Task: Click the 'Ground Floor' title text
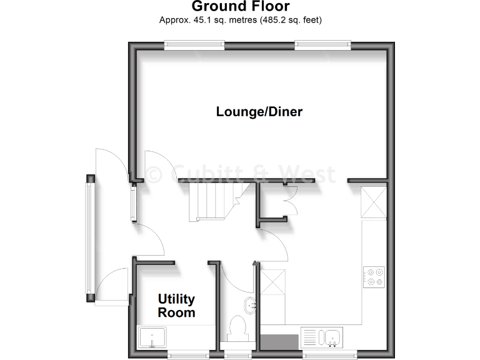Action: tap(240, 7)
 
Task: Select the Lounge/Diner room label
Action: tap(259, 112)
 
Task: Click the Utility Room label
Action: tap(176, 306)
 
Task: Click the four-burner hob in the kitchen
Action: tap(374, 276)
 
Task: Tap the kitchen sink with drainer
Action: tap(321, 337)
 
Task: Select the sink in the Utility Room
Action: tap(152, 338)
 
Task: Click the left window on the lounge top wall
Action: tap(194, 44)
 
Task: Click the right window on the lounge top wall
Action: tap(322, 44)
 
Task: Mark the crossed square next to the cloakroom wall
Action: tap(272, 282)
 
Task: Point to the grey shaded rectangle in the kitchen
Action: tap(279, 342)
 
